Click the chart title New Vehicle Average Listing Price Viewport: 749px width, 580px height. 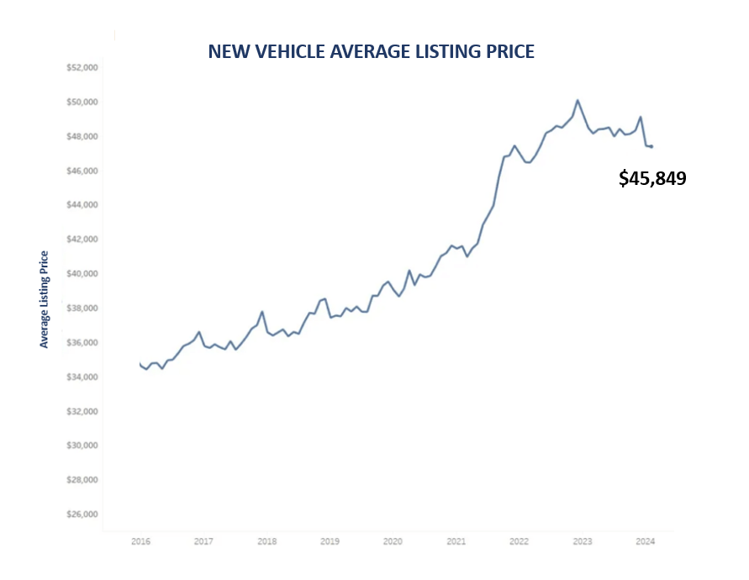(371, 51)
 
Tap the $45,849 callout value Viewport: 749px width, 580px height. (652, 178)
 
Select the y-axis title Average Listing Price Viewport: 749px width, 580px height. (45, 299)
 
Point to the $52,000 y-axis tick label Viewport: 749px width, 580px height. (82, 67)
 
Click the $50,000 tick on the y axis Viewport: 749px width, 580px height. (82, 102)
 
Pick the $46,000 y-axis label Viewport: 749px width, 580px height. (82, 171)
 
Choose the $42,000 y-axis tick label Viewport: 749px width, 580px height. (82, 240)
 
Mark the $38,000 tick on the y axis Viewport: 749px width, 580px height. (82, 308)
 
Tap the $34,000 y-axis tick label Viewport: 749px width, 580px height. (82, 377)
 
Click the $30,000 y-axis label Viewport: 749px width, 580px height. (82, 446)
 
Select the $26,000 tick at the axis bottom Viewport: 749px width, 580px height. (82, 514)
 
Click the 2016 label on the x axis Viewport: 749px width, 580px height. (140, 542)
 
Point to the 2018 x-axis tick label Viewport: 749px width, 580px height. (266, 542)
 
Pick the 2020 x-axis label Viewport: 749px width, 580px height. (393, 542)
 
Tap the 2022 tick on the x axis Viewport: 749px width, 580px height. (519, 542)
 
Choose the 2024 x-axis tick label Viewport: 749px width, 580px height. (645, 542)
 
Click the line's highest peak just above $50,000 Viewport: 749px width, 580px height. (578, 100)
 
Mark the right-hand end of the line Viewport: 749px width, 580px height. (651, 146)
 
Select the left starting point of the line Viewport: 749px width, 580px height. (140, 364)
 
